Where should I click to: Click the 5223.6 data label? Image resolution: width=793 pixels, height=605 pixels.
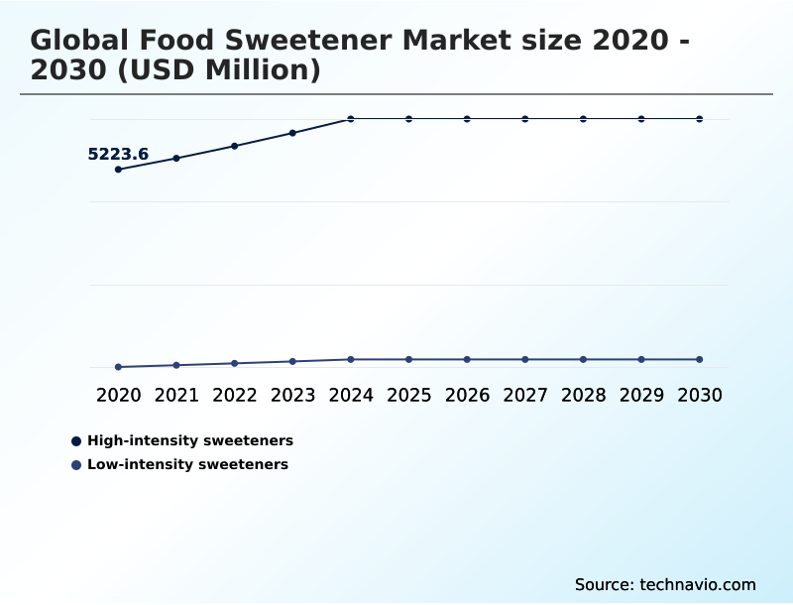point(118,154)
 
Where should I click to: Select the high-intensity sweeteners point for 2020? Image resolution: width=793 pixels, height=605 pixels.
point(118,170)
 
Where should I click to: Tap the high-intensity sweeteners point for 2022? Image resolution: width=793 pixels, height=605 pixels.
point(235,146)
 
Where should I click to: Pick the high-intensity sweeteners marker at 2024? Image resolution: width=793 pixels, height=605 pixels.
point(351,119)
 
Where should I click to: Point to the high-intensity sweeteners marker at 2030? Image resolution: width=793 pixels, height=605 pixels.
point(700,119)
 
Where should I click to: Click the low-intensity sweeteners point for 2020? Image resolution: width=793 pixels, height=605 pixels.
point(118,367)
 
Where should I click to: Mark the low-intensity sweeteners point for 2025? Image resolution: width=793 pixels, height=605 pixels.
point(408,359)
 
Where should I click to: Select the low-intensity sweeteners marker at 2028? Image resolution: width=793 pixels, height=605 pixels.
point(583,359)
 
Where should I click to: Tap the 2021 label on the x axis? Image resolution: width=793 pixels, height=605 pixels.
point(176,396)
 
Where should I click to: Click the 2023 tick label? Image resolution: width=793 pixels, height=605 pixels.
point(292,396)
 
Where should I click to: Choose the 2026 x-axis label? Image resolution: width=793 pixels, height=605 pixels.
point(467,396)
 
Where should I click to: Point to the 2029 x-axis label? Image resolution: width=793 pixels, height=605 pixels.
point(641,396)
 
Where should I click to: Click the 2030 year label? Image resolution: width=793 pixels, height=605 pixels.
point(700,396)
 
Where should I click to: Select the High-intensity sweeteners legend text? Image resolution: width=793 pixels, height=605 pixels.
point(190,440)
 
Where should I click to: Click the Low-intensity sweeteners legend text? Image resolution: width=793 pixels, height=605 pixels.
point(187,464)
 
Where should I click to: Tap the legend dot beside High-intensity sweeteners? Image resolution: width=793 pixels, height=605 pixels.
point(76,440)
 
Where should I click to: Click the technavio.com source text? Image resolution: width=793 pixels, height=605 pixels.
point(697,584)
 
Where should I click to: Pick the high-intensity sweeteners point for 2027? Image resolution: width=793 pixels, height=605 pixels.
point(525,119)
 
